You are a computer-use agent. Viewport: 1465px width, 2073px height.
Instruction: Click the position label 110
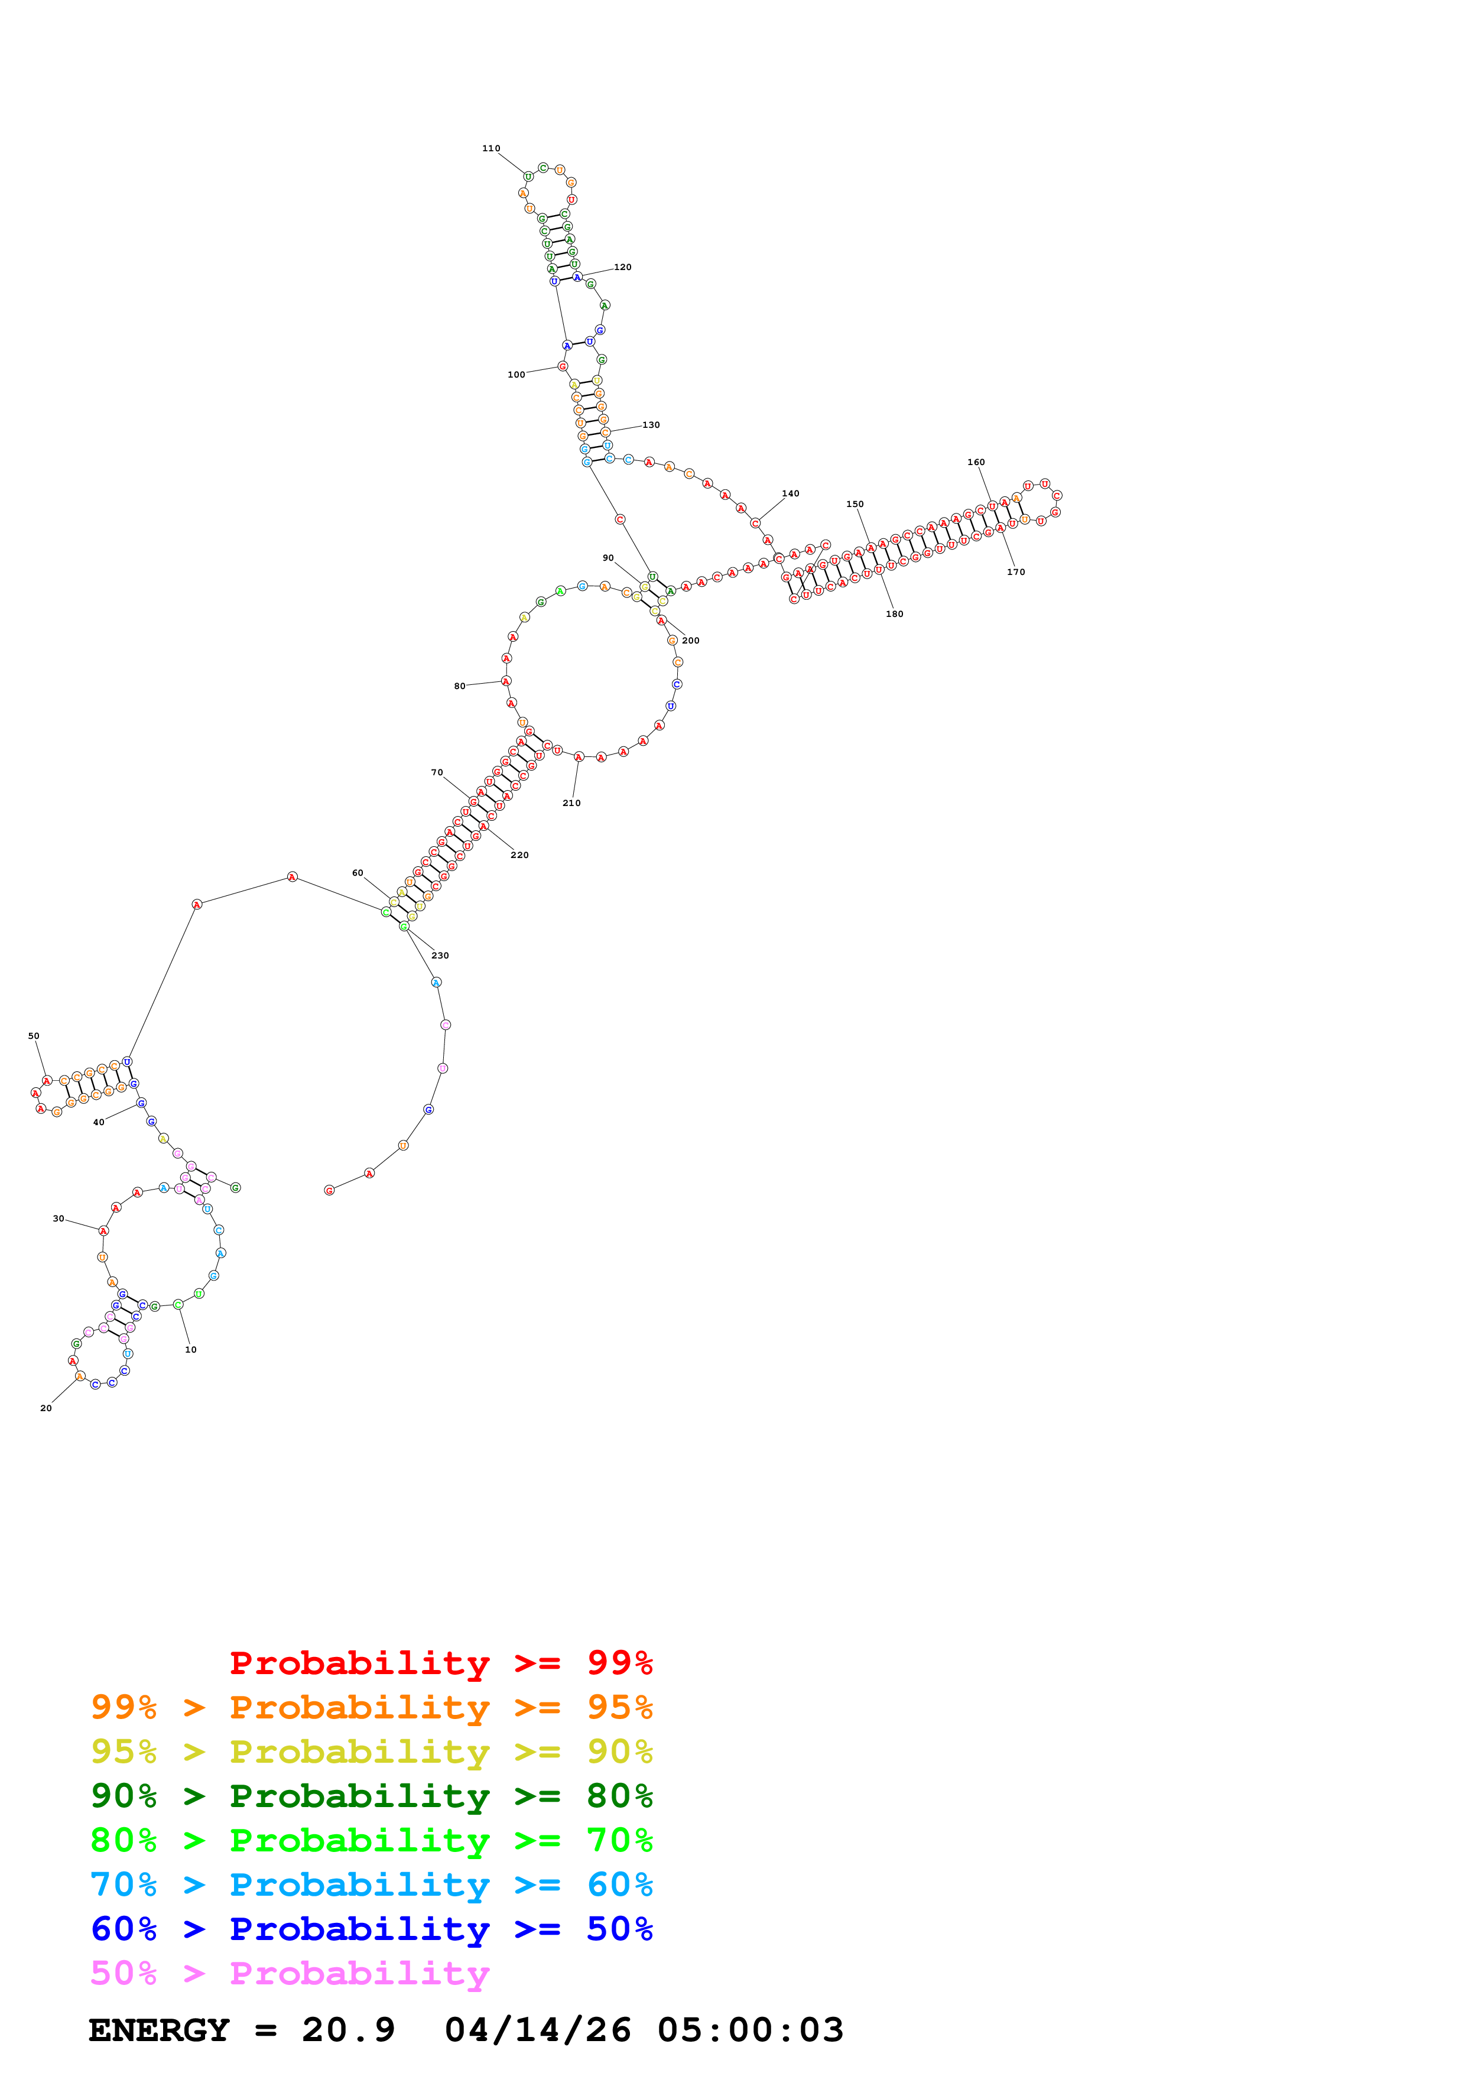click(491, 148)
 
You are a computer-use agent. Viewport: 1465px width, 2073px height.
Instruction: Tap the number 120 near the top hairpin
click(623, 267)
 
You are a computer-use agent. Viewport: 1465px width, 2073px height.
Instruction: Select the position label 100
click(517, 375)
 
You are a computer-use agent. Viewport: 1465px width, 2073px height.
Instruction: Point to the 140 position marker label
click(791, 494)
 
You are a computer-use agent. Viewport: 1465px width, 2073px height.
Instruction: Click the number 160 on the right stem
click(977, 462)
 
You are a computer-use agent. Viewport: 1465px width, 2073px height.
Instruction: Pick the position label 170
click(1016, 573)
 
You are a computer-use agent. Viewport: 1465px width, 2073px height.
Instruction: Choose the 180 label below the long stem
click(895, 614)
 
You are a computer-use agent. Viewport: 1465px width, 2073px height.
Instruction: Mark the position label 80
click(459, 686)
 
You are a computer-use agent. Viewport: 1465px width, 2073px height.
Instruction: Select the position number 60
click(358, 873)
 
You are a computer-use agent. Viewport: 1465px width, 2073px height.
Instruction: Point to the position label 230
click(440, 955)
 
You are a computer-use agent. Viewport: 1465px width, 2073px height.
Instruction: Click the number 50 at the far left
click(34, 1036)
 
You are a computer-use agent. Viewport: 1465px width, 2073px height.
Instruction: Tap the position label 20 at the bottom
click(46, 1408)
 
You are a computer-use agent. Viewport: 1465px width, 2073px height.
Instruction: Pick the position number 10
click(190, 1350)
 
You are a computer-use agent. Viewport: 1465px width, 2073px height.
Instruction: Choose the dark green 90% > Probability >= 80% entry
click(371, 1796)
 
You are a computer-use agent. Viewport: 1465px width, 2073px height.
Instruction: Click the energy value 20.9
click(349, 2030)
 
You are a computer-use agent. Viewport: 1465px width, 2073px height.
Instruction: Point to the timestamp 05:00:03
click(750, 2030)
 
